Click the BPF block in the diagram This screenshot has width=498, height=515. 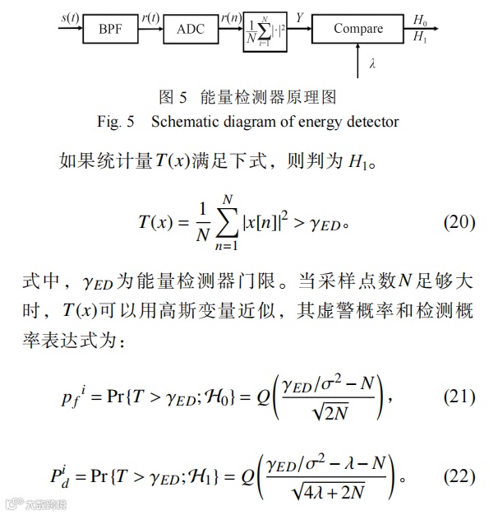point(109,30)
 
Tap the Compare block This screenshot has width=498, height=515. point(358,29)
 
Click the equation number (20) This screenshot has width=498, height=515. point(459,223)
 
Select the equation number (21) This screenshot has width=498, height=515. point(459,396)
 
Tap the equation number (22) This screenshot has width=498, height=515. point(459,476)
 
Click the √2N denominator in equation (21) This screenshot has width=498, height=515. point(328,413)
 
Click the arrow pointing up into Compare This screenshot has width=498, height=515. point(358,56)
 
